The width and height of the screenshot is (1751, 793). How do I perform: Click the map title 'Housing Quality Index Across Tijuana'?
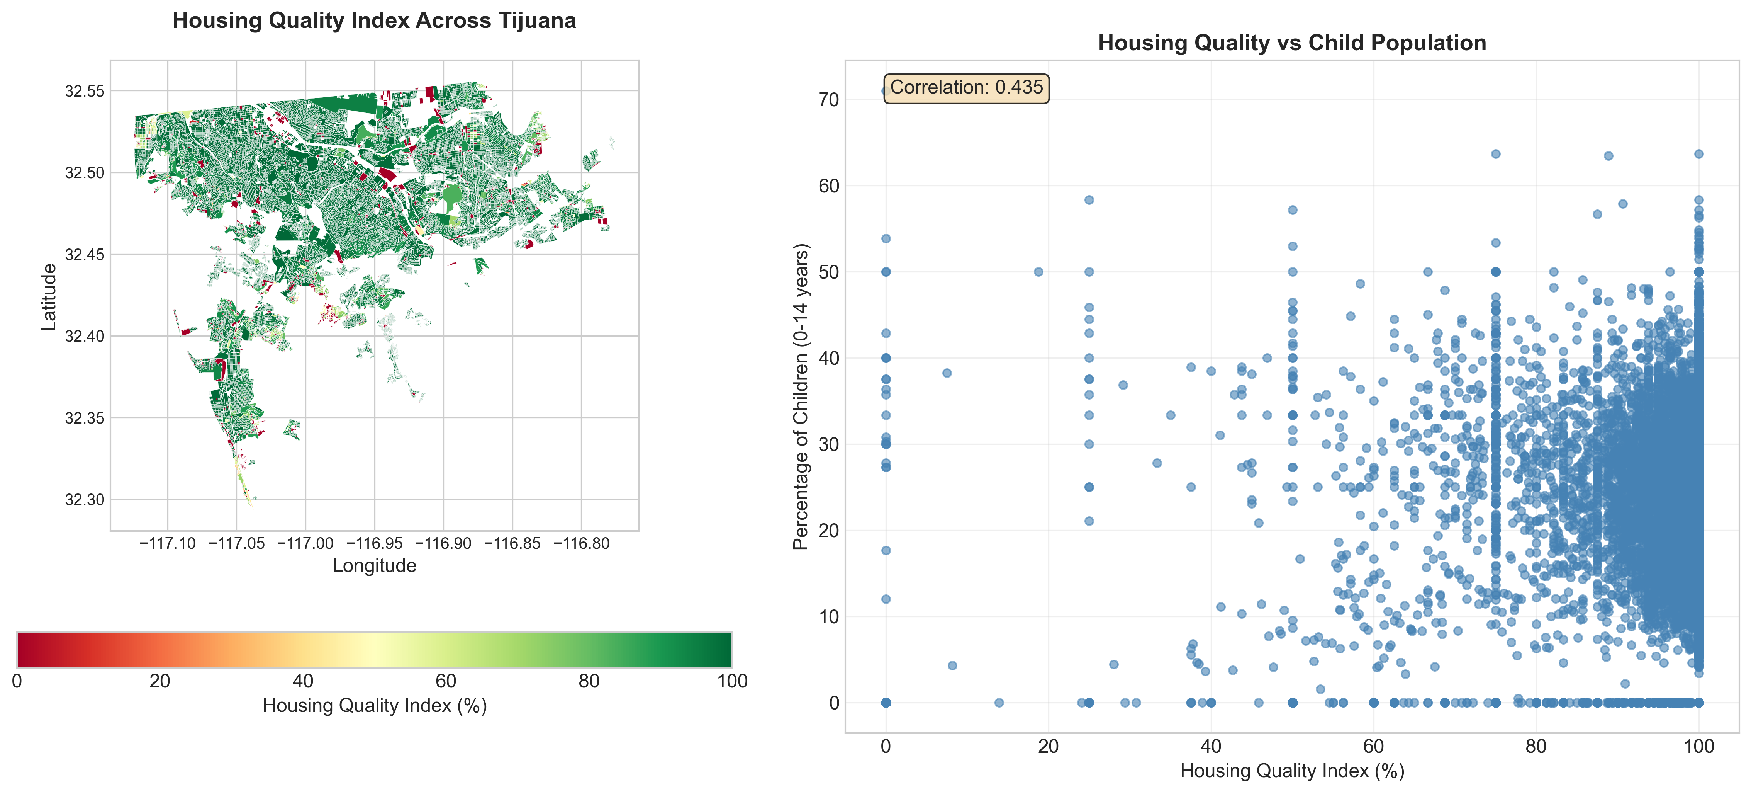(374, 21)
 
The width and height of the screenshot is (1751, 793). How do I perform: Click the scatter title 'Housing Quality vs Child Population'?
(1291, 43)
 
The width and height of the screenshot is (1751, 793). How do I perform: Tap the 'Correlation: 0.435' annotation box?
(966, 88)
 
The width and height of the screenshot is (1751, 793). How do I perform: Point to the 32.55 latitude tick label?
(85, 91)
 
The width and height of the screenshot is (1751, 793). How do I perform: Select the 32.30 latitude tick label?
(85, 500)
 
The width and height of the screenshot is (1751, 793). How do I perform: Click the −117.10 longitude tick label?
(167, 543)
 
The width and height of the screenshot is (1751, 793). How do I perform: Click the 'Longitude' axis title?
(374, 566)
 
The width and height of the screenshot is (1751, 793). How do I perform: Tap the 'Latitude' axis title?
(49, 297)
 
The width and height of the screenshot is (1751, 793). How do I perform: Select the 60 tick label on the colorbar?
(446, 681)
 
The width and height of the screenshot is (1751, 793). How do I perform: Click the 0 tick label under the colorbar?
(17, 681)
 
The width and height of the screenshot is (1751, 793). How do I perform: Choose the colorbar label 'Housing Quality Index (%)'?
(375, 706)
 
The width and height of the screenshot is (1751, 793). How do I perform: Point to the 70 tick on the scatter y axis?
(829, 100)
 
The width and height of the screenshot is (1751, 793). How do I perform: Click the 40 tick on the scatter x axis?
(1211, 747)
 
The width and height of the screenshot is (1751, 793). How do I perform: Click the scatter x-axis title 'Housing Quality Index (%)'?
(1291, 771)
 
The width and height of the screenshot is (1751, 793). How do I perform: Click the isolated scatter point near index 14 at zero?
(999, 703)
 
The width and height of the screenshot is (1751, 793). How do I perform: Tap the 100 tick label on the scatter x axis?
(1698, 747)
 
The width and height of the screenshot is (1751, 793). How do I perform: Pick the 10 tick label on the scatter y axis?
(829, 617)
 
